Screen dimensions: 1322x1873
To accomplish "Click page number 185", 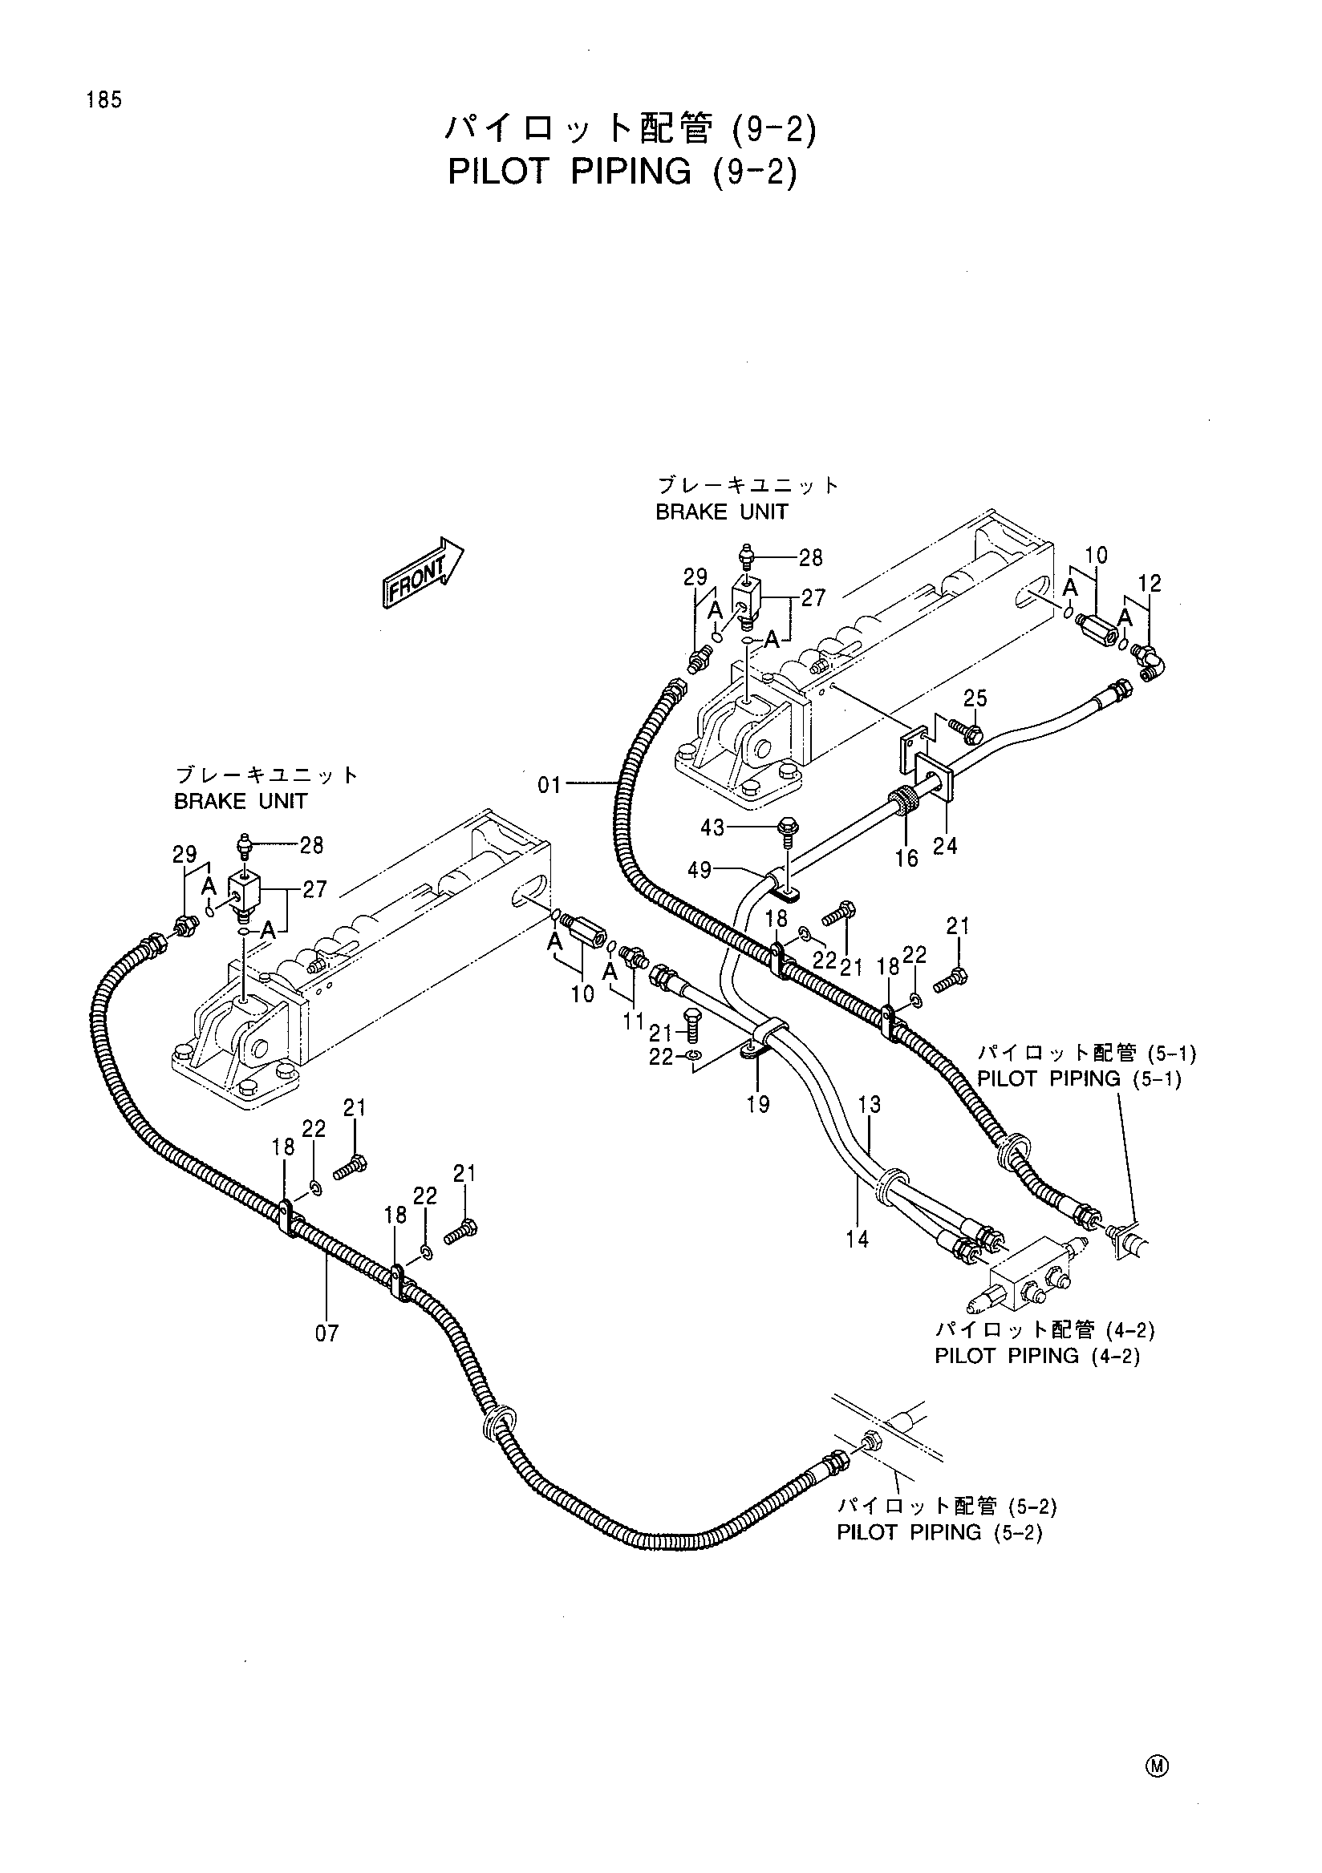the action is point(102,100).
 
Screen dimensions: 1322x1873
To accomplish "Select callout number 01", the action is point(549,785).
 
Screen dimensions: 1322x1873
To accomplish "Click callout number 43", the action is point(712,828).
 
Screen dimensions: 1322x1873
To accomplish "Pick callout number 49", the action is point(700,871).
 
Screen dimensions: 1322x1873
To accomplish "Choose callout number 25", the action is point(975,698).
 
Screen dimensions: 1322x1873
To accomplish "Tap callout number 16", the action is point(906,857).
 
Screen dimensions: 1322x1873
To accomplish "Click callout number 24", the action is point(945,846).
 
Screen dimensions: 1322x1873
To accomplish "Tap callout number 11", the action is point(634,1021).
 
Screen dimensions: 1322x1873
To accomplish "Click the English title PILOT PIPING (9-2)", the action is point(622,172).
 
